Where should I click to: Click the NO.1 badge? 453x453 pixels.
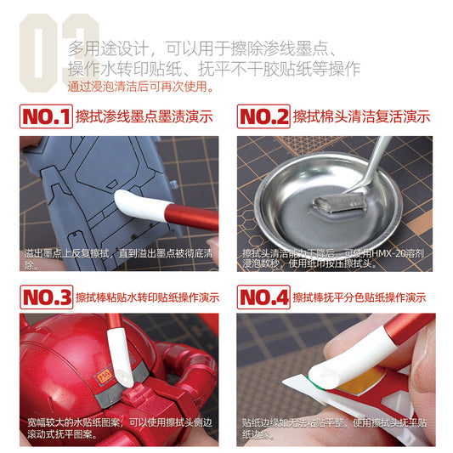pyautogui.click(x=45, y=117)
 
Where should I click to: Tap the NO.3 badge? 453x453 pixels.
pyautogui.click(x=45, y=297)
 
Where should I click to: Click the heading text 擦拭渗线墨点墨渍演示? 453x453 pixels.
pyautogui.click(x=144, y=117)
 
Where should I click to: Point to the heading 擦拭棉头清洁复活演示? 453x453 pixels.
pyautogui.click(x=361, y=117)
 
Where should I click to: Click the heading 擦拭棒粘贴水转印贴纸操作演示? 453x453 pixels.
pyautogui.click(x=147, y=298)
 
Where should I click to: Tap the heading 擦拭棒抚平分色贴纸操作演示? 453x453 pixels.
pyautogui.click(x=360, y=298)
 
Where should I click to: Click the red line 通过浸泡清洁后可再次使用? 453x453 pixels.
pyautogui.click(x=141, y=87)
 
